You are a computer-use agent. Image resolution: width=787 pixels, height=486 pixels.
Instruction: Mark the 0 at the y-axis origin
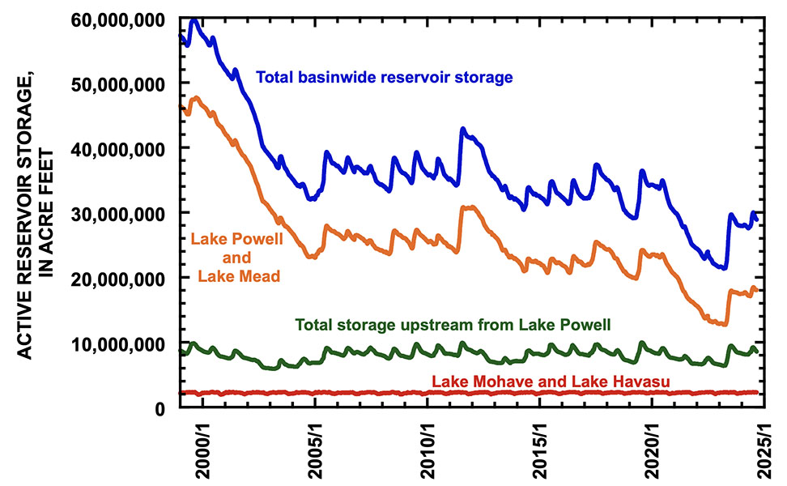point(162,409)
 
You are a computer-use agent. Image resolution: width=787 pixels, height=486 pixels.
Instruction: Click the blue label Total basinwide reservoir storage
point(384,78)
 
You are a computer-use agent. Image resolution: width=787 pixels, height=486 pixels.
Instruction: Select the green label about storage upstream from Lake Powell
point(453,325)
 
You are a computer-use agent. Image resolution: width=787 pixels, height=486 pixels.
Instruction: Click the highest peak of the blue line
point(194,20)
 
